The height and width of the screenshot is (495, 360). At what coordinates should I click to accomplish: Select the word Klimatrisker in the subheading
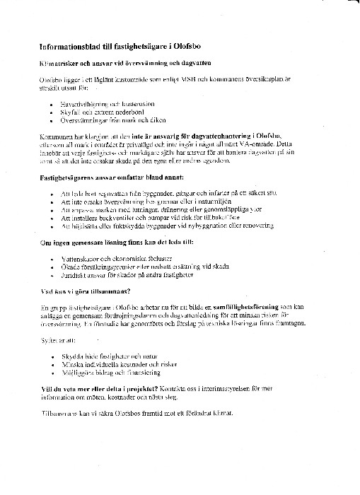[58, 64]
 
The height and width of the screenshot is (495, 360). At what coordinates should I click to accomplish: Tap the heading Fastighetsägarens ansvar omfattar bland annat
[112, 177]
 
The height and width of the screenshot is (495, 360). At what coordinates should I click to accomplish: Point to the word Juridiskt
[76, 276]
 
